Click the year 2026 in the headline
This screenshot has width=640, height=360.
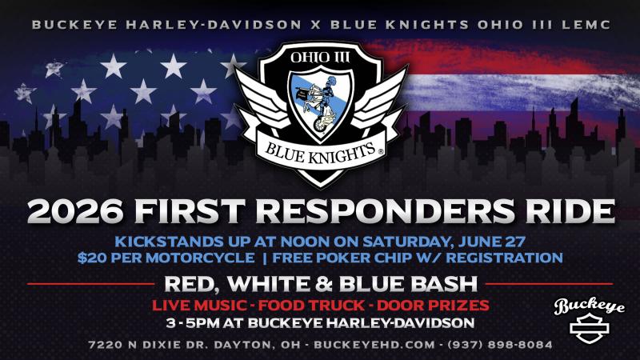tap(75, 211)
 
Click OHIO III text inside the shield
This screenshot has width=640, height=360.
tap(320, 58)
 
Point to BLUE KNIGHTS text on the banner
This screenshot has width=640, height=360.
tap(321, 153)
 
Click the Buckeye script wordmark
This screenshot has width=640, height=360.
tap(589, 306)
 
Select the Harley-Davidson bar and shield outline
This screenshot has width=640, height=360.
tap(589, 328)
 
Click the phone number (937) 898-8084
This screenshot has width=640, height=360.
tap(500, 345)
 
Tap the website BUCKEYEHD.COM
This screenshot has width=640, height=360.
tap(374, 345)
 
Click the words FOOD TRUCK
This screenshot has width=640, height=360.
tap(311, 306)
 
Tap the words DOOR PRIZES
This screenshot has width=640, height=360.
tap(433, 306)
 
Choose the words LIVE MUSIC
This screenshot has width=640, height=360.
tap(199, 306)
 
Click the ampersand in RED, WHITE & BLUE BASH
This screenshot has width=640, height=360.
tap(324, 284)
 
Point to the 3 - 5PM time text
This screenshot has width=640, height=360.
tap(192, 323)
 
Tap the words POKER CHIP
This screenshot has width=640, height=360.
tap(362, 258)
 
